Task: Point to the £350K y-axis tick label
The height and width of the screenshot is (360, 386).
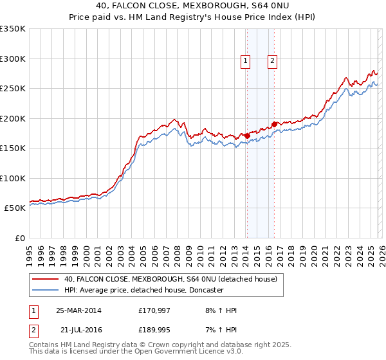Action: pyautogui.click(x=13, y=29)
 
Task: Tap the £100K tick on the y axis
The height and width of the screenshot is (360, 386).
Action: pyautogui.click(x=13, y=178)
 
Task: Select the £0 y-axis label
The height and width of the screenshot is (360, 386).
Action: pyautogui.click(x=19, y=238)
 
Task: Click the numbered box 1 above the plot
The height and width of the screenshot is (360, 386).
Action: pyautogui.click(x=246, y=61)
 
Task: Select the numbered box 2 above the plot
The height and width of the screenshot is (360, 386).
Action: pyautogui.click(x=273, y=61)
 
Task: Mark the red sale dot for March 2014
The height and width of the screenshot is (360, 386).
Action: pyautogui.click(x=247, y=136)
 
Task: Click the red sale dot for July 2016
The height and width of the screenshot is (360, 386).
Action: pyautogui.click(x=274, y=124)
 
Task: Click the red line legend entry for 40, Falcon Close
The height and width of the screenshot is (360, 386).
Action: pyautogui.click(x=170, y=279)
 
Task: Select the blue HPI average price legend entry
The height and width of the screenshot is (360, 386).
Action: pyautogui.click(x=143, y=291)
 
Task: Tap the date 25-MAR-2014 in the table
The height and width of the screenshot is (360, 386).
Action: pyautogui.click(x=78, y=310)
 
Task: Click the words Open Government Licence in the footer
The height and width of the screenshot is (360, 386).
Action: pyautogui.click(x=193, y=352)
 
